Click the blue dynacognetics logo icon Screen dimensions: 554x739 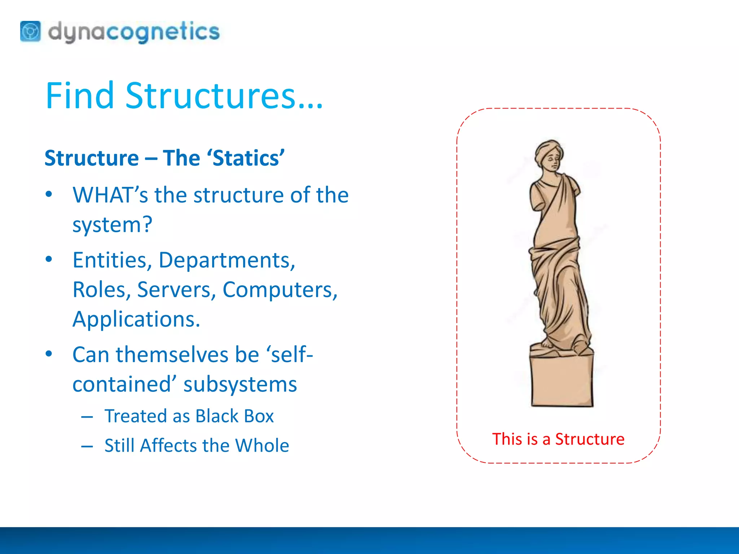pyautogui.click(x=30, y=32)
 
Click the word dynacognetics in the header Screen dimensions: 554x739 pyautogui.click(x=134, y=32)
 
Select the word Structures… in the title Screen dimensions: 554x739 pyautogui.click(x=224, y=96)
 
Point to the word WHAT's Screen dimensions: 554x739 pyautogui.click(x=110, y=195)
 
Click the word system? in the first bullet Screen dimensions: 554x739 pyautogui.click(x=112, y=225)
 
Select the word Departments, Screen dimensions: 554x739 pyautogui.click(x=227, y=260)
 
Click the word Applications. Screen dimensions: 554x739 pyautogui.click(x=136, y=319)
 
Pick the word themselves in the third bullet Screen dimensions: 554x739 pyautogui.click(x=172, y=355)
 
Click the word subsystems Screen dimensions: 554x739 pyautogui.click(x=240, y=384)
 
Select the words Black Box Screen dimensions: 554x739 pyautogui.click(x=235, y=416)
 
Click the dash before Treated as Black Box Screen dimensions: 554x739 pyautogui.click(x=87, y=417)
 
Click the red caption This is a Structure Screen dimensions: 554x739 pyautogui.click(x=558, y=439)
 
